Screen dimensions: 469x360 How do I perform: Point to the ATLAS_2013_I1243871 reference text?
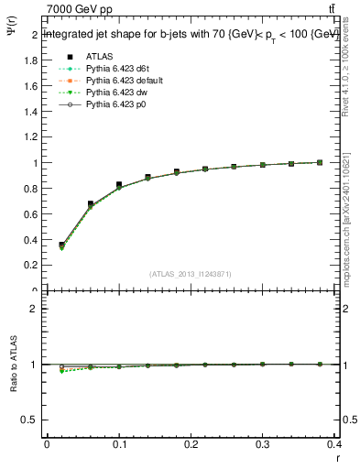pos(191,274)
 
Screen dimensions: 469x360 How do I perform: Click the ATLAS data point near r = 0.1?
pos(119,185)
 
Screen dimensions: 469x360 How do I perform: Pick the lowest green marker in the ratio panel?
pos(61,371)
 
